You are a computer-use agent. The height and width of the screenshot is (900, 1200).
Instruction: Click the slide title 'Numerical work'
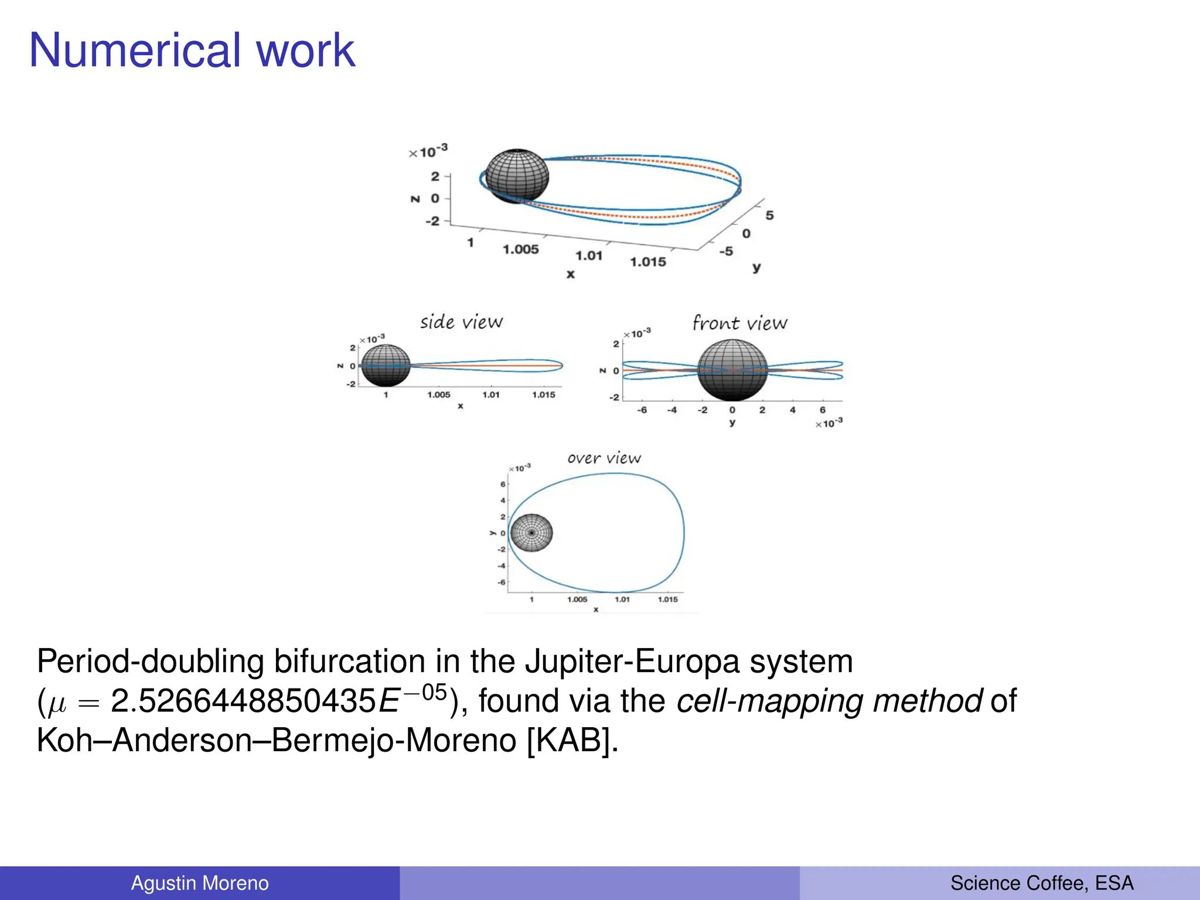(192, 50)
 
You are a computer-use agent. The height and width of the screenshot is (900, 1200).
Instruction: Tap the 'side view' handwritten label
(461, 322)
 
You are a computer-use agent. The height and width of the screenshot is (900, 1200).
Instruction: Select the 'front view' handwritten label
(739, 323)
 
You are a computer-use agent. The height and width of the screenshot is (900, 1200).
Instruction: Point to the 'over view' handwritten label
(604, 458)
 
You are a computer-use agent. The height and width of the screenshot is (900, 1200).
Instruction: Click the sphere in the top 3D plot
(517, 175)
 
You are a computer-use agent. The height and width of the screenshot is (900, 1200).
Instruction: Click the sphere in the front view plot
(732, 370)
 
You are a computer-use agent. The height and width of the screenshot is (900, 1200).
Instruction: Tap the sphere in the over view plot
(531, 533)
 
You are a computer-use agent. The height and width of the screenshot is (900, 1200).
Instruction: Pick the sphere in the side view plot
(386, 365)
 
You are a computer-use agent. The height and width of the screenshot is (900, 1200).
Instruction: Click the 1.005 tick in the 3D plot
(520, 249)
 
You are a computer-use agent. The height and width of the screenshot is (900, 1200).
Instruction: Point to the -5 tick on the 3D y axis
(726, 251)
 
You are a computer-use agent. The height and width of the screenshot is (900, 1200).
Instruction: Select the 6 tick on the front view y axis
(823, 410)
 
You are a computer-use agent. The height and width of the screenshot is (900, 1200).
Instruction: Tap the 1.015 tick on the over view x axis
(667, 599)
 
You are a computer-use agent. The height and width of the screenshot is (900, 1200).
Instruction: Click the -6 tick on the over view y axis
(502, 582)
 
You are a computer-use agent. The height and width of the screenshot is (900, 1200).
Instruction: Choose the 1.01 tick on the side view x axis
(491, 395)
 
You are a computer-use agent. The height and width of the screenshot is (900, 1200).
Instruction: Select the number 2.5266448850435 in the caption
(243, 701)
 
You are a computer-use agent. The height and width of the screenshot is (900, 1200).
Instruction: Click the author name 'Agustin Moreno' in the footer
(200, 883)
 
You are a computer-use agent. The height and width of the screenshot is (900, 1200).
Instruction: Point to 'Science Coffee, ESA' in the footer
(1042, 883)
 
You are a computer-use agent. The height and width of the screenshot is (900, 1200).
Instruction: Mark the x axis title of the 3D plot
(571, 274)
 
